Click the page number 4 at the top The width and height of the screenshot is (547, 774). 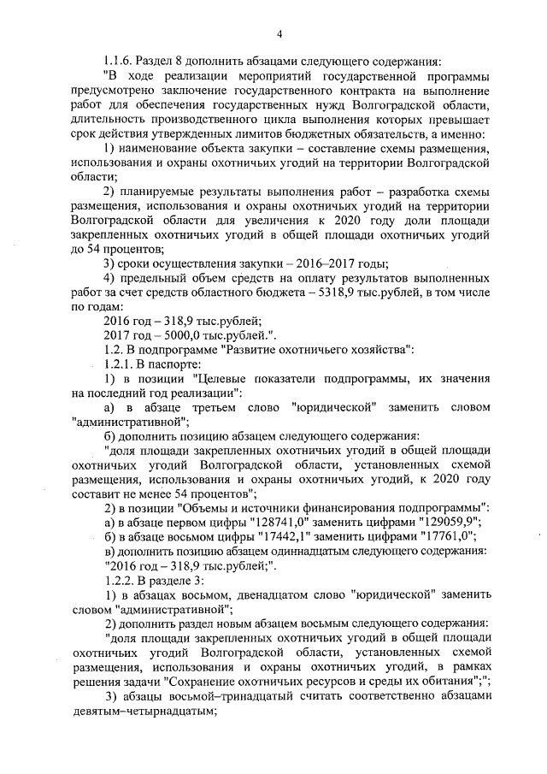(x=279, y=33)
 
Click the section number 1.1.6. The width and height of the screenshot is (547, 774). (x=118, y=61)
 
